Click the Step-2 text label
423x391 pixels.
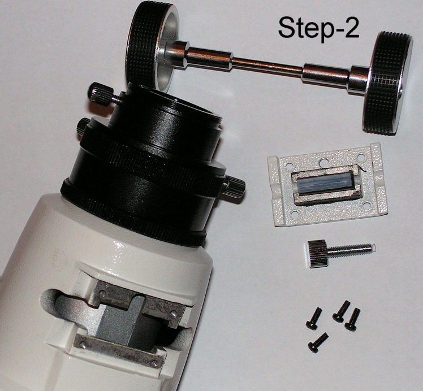[318, 28]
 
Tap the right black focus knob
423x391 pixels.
[387, 82]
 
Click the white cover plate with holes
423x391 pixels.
[328, 185]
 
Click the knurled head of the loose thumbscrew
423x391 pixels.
[317, 254]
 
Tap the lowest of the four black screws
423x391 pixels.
[318, 342]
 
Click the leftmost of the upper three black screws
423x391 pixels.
[314, 319]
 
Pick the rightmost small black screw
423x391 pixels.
[352, 319]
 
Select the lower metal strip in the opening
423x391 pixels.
[119, 350]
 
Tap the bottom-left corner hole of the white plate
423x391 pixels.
[295, 215]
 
